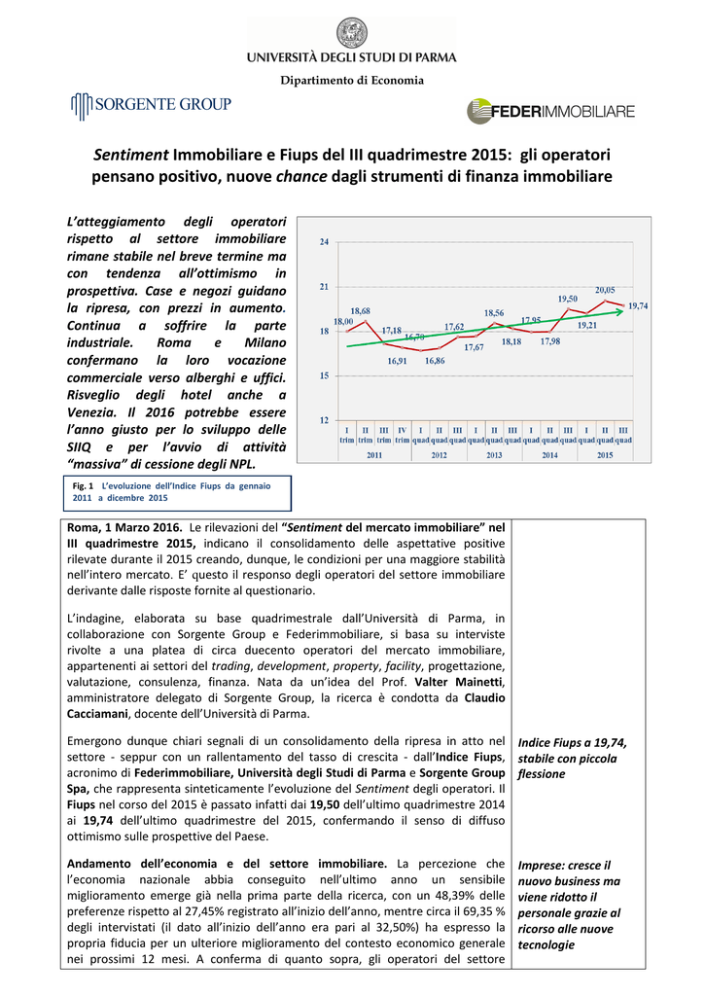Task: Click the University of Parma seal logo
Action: pos(352,33)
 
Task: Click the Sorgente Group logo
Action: pos(150,104)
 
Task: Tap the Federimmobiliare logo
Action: pos(550,112)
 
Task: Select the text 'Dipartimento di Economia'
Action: pos(352,80)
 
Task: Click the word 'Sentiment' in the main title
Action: pos(131,156)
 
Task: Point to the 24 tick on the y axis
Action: pos(324,241)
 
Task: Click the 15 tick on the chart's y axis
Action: pos(324,375)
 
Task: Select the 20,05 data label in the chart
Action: pos(605,289)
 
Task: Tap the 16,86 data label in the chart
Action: pos(435,361)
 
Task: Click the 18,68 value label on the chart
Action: pos(361,310)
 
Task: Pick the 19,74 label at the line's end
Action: pos(638,305)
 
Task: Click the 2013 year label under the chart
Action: pos(494,455)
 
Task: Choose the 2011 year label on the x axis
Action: pos(374,455)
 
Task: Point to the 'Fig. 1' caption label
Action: pos(82,484)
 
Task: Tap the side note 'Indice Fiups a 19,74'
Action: pos(573,742)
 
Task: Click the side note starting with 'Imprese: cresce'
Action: pos(564,864)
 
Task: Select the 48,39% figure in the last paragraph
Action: pos(452,895)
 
